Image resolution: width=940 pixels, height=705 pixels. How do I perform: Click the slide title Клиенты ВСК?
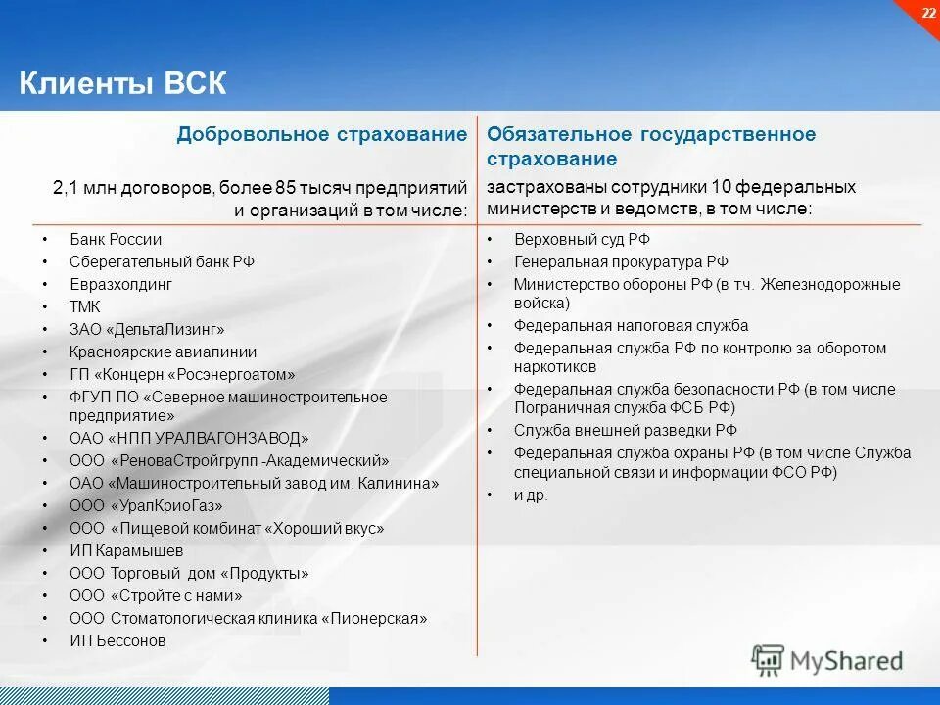pos(122,83)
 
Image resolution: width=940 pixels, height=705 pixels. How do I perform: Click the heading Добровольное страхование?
pos(321,134)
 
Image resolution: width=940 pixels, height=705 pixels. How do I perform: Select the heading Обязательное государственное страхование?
pos(650,145)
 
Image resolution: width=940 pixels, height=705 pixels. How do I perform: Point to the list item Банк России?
pos(116,239)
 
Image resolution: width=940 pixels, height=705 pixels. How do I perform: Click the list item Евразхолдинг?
pos(120,284)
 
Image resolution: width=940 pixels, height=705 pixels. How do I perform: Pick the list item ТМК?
pos(85,306)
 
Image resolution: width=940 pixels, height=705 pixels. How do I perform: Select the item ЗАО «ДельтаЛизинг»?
pos(147,329)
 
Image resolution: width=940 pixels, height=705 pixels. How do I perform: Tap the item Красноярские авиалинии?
pos(163,352)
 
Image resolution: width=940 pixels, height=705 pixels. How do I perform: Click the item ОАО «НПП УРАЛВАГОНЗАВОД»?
pos(189,438)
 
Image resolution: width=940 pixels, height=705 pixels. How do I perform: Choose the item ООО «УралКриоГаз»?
pos(146,505)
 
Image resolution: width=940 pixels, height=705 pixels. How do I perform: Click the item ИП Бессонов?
pos(117,640)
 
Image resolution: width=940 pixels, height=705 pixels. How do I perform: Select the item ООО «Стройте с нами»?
pos(156,595)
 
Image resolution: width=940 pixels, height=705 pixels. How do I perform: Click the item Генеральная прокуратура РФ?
pos(621,261)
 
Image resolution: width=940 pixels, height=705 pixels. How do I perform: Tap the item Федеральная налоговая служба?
pos(631,325)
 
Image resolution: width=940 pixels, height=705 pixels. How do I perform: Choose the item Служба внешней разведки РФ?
pos(625,430)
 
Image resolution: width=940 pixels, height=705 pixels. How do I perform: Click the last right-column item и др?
pos(531,495)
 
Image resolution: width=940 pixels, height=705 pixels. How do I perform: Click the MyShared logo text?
pos(846,661)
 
